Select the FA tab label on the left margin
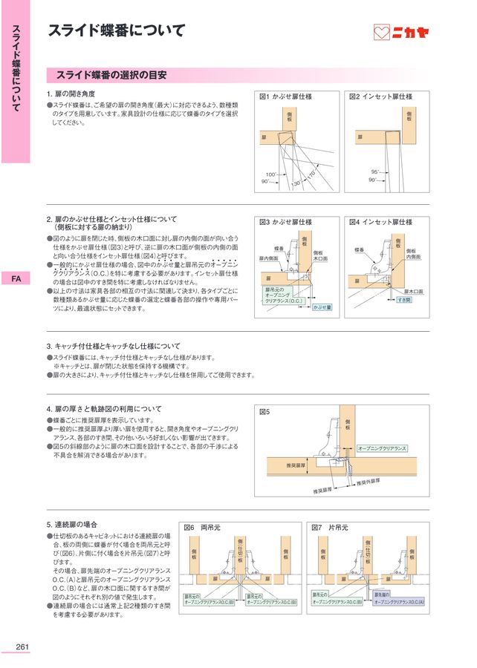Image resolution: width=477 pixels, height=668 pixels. [x=15, y=279]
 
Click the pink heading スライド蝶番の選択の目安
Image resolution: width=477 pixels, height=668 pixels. [x=111, y=75]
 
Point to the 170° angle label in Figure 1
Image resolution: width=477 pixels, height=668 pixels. [x=312, y=174]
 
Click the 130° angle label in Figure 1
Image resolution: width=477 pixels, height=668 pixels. [x=296, y=183]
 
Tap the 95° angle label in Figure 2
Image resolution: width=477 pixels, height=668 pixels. [x=375, y=171]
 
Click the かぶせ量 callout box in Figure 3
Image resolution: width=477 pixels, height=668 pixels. [x=322, y=306]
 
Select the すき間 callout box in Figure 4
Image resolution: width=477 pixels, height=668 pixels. [x=403, y=299]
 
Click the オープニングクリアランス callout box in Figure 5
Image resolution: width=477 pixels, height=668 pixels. [x=382, y=448]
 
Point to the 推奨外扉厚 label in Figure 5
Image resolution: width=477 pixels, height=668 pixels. [x=369, y=482]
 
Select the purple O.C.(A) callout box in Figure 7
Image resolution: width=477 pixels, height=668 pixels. [x=397, y=599]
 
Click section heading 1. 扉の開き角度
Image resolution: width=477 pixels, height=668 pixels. [x=71, y=94]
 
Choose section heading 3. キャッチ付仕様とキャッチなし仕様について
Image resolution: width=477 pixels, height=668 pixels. [x=113, y=346]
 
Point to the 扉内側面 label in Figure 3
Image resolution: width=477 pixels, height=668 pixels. [x=268, y=258]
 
